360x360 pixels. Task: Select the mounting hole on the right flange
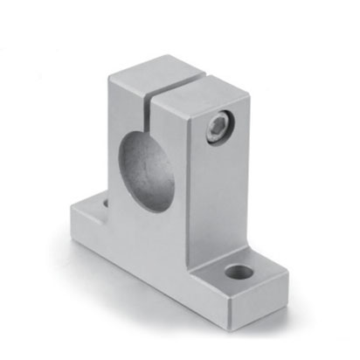(234, 272)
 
